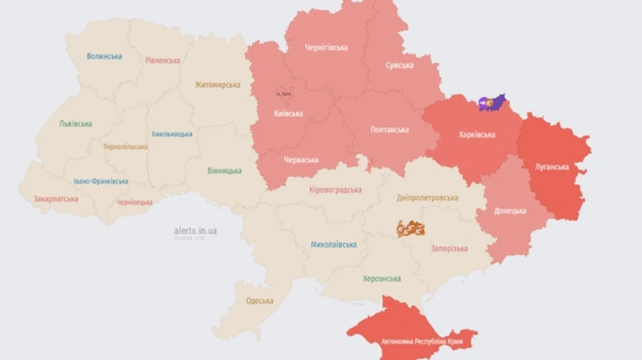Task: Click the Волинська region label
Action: pyautogui.click(x=104, y=56)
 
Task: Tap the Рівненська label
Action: pyautogui.click(x=163, y=61)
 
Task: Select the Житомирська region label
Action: pyautogui.click(x=218, y=85)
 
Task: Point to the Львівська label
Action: pyautogui.click(x=75, y=123)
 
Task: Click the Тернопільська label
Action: pyautogui.click(x=125, y=147)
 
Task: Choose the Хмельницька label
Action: pyautogui.click(x=172, y=134)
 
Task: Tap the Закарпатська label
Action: pyautogui.click(x=56, y=199)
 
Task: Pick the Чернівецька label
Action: pyautogui.click(x=134, y=202)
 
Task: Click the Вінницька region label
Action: pyautogui.click(x=225, y=171)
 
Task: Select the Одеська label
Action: pyautogui.click(x=260, y=301)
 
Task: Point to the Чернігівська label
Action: pyautogui.click(x=327, y=48)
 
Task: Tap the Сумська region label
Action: pyautogui.click(x=399, y=66)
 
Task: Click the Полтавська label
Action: pyautogui.click(x=390, y=130)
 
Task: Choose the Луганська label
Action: pyautogui.click(x=551, y=168)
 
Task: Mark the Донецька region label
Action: pyautogui.click(x=511, y=211)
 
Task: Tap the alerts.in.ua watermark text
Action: pyautogui.click(x=195, y=231)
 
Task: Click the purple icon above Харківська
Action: pyautogui.click(x=491, y=103)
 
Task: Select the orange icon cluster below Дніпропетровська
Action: pyautogui.click(x=410, y=229)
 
